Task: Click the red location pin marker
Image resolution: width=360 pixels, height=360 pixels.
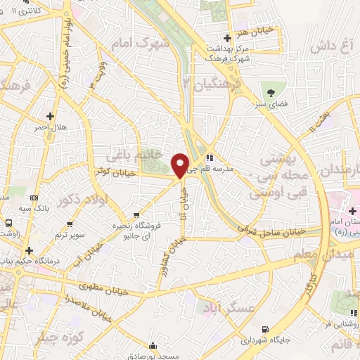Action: pos(180,165)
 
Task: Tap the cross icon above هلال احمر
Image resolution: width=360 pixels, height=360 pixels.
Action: pos(50,115)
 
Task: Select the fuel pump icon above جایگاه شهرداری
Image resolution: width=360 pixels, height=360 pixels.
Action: pos(264,329)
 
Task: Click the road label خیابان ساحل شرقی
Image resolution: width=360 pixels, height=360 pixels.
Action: pos(271,229)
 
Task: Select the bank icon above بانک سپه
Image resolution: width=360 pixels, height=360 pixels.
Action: pos(33,200)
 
